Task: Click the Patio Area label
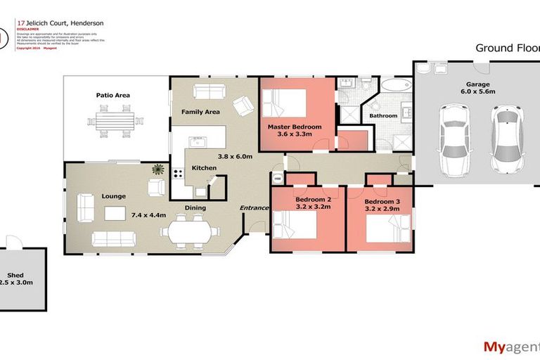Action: click(x=113, y=96)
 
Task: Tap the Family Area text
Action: click(x=200, y=112)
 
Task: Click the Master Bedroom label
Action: click(x=295, y=127)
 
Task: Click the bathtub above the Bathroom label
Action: click(x=396, y=86)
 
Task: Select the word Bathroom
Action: click(x=383, y=115)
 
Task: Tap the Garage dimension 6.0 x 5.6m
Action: click(x=478, y=91)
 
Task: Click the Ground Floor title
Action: click(x=507, y=49)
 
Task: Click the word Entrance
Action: click(x=255, y=207)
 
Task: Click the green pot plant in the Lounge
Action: click(x=158, y=169)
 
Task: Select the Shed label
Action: click(x=15, y=275)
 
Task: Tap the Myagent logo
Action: click(x=510, y=346)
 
